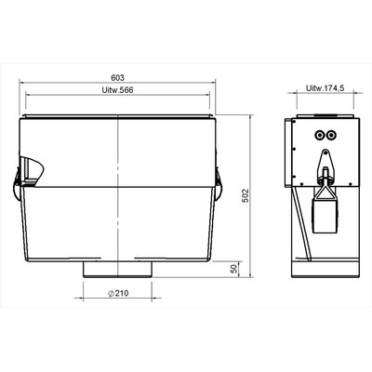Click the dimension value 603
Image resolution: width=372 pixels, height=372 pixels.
click(117, 77)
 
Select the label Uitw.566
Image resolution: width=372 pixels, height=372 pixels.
click(117, 90)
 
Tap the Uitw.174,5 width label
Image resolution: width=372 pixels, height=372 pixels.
click(325, 88)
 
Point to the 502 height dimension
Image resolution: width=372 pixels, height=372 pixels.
click(246, 195)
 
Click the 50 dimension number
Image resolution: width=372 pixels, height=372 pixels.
click(234, 269)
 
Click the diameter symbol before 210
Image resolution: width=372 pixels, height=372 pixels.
click(112, 293)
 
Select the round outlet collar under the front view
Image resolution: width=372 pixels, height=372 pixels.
click(117, 269)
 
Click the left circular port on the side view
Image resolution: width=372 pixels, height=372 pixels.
click(319, 135)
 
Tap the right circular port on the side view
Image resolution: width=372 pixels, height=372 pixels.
click(331, 135)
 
